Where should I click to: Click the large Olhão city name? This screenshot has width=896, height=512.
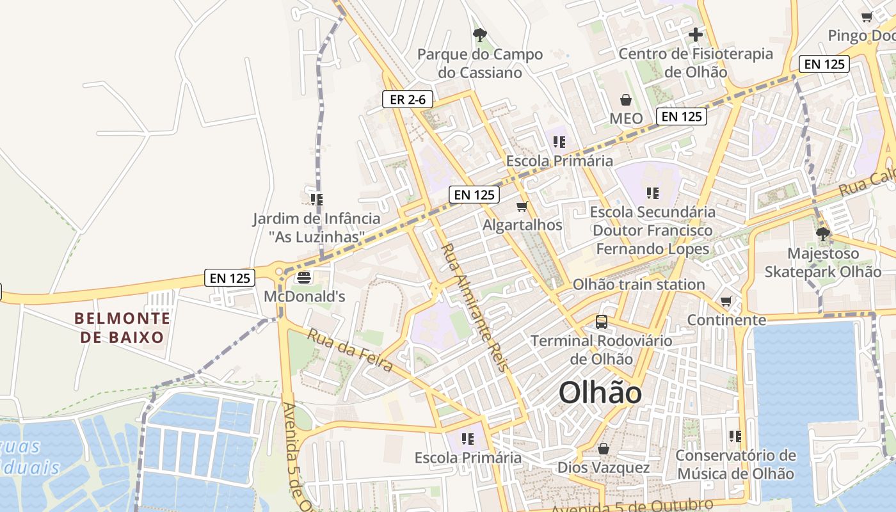pyautogui.click(x=600, y=392)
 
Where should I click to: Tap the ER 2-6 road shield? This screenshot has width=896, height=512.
pyautogui.click(x=408, y=99)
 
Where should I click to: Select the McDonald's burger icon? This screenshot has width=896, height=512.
pyautogui.click(x=304, y=277)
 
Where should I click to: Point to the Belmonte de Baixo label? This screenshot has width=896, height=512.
pyautogui.click(x=122, y=327)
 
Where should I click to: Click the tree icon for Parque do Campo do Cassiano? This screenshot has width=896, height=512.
pyautogui.click(x=479, y=35)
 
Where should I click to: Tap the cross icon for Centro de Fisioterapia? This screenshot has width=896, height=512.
pyautogui.click(x=696, y=35)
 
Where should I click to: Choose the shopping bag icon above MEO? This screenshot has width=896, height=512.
pyautogui.click(x=626, y=100)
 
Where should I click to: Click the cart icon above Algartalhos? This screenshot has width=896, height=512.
pyautogui.click(x=522, y=206)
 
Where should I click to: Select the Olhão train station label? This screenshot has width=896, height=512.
pyautogui.click(x=639, y=284)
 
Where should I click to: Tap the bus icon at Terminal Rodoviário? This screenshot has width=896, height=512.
pyautogui.click(x=602, y=321)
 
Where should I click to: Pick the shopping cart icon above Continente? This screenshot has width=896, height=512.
pyautogui.click(x=726, y=301)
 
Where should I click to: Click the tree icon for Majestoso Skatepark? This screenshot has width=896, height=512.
pyautogui.click(x=823, y=234)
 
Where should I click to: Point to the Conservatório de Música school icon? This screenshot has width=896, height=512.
pyautogui.click(x=735, y=436)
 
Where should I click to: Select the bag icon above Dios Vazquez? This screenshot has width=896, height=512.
pyautogui.click(x=603, y=449)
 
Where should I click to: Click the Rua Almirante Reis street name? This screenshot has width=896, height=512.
pyautogui.click(x=474, y=307)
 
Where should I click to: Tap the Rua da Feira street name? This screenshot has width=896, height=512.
pyautogui.click(x=350, y=350)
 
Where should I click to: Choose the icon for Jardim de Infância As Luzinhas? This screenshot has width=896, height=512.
pyautogui.click(x=316, y=199)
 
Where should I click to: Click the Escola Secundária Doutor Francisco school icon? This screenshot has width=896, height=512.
pyautogui.click(x=653, y=193)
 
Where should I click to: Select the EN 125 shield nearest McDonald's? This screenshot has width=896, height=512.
pyautogui.click(x=230, y=278)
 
